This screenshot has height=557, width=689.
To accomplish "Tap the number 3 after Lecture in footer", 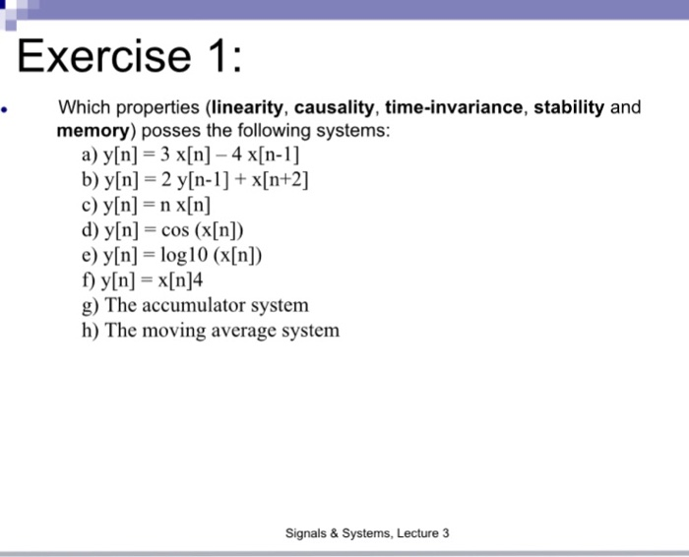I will (445, 533).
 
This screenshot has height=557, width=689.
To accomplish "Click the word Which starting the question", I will (82, 107).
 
